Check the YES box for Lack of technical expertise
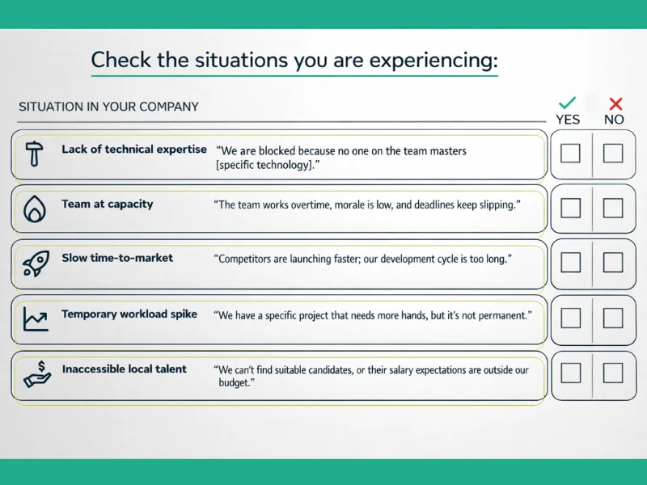(570, 153)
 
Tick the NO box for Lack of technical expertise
(613, 153)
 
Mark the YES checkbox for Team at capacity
(570, 208)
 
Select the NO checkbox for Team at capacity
(613, 208)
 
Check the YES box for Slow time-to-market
(570, 262)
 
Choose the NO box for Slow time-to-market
(613, 262)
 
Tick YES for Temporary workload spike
(570, 317)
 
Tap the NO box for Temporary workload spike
(613, 317)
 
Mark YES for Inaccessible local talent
(570, 372)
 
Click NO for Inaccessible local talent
(613, 372)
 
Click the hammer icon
(34, 154)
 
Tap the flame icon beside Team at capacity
(34, 209)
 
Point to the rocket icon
(34, 263)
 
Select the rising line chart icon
(34, 318)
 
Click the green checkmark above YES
(568, 103)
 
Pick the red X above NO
(615, 103)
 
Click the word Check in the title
(121, 60)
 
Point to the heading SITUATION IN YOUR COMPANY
(108, 107)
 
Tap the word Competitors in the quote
(247, 259)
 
